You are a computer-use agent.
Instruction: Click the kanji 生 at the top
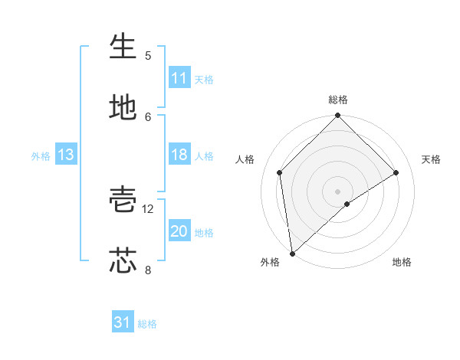[x=123, y=47]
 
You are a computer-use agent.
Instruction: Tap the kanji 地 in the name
[x=123, y=108]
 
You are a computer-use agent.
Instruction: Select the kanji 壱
[x=123, y=200]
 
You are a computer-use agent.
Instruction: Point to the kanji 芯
[x=123, y=260]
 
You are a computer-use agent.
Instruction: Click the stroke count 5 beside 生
[x=148, y=56]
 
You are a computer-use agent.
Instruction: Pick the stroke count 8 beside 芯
[x=148, y=270]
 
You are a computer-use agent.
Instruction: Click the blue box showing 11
[x=179, y=78]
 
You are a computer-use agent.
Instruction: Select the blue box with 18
[x=179, y=155]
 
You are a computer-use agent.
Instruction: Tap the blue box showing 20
[x=179, y=231]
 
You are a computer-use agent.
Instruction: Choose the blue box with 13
[x=66, y=155]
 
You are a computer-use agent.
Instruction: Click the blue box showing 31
[x=123, y=322]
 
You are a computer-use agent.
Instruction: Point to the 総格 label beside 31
[x=147, y=324]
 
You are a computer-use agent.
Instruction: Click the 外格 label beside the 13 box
[x=41, y=156]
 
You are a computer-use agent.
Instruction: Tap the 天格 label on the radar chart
[x=432, y=159]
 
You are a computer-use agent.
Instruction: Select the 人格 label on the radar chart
[x=245, y=159]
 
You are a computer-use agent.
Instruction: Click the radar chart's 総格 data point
[x=338, y=116]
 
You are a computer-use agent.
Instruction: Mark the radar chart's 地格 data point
[x=347, y=204]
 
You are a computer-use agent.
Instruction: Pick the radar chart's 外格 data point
[x=292, y=254]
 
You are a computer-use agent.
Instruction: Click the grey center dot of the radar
[x=338, y=191]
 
